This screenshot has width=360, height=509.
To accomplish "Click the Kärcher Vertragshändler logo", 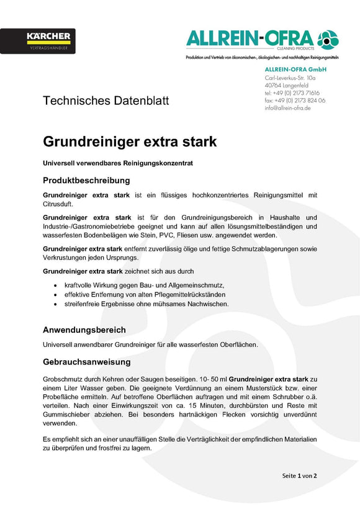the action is point(38,41).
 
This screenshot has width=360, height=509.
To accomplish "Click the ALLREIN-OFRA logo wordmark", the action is point(251,39).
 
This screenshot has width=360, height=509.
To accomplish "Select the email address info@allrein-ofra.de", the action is point(287,108).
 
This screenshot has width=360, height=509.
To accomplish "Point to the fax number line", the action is point(295,100).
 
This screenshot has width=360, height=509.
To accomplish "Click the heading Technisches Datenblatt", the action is point(106,101).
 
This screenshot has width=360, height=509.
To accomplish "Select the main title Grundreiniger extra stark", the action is point(130,142).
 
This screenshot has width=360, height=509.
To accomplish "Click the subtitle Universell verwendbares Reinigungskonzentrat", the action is point(119,163).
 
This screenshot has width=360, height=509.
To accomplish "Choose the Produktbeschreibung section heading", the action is point(86,181).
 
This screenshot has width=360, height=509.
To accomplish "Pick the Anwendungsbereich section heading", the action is point(84,330).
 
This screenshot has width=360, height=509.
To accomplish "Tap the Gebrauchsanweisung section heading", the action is point(87,361).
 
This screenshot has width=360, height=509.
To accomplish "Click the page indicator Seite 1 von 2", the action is point(299,475).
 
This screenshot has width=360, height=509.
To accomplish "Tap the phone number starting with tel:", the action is point(292,92).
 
